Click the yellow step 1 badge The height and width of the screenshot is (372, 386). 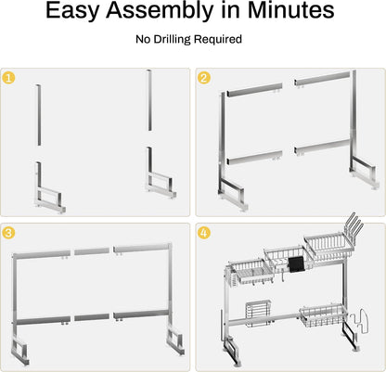(x=8, y=78)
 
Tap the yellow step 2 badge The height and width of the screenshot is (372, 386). (x=204, y=78)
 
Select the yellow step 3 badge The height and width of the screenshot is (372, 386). (x=8, y=233)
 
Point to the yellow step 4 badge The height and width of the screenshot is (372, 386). (x=204, y=233)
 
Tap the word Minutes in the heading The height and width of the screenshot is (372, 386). (x=290, y=10)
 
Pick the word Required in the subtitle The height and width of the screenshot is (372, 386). (x=218, y=40)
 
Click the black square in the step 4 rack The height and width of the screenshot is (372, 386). (x=297, y=265)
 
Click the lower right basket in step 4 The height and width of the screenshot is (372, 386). (x=322, y=315)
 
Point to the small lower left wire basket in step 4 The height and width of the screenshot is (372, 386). (x=258, y=314)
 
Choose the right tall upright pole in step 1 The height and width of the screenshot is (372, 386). (x=149, y=100)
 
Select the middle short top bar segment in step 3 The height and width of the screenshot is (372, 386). (x=92, y=251)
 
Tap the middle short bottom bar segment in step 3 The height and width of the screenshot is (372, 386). (x=92, y=317)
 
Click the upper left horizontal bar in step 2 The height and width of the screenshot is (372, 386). (x=254, y=89)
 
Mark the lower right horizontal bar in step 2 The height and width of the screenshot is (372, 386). (x=322, y=147)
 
